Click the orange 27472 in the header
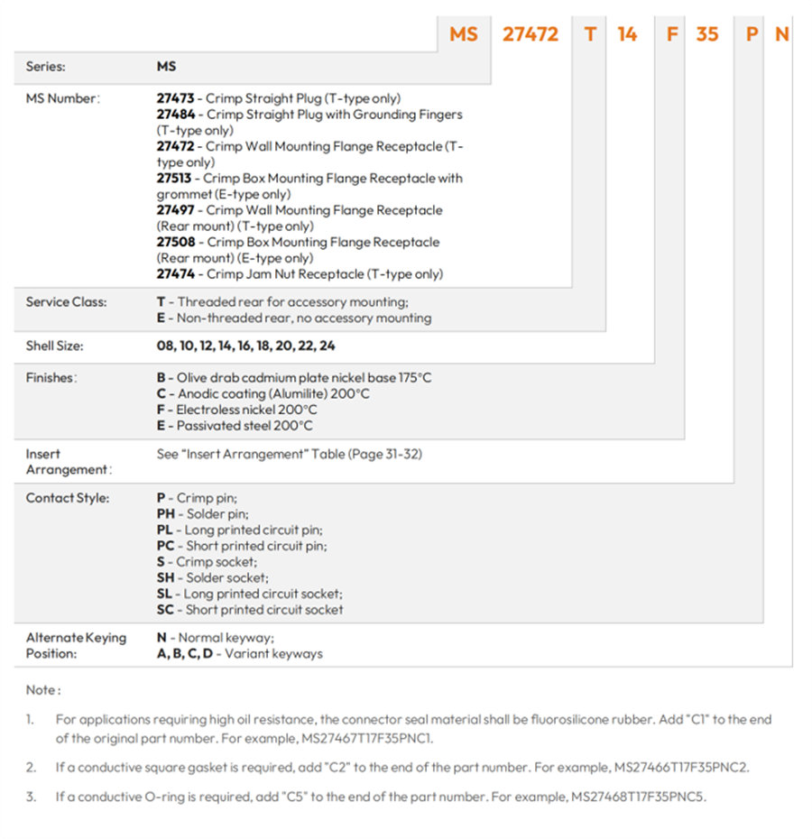pyautogui.click(x=530, y=34)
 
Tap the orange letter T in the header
pyautogui.click(x=590, y=34)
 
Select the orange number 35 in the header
pyautogui.click(x=706, y=34)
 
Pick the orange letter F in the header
pyautogui.click(x=672, y=34)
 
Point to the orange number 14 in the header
pyautogui.click(x=627, y=34)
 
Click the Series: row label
pyautogui.click(x=45, y=67)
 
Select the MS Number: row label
pyautogui.click(x=62, y=98)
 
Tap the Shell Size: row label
pyautogui.click(x=55, y=346)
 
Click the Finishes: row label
pyautogui.click(x=51, y=378)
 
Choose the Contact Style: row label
pyautogui.click(x=68, y=498)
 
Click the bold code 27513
pyautogui.click(x=174, y=179)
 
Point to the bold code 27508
pyautogui.click(x=176, y=242)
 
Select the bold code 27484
pyautogui.click(x=176, y=115)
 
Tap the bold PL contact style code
pyautogui.click(x=164, y=530)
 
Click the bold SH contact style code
pyautogui.click(x=165, y=578)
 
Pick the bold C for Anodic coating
pyautogui.click(x=161, y=394)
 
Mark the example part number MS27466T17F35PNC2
pyautogui.click(x=680, y=768)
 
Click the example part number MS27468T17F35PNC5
pyautogui.click(x=637, y=797)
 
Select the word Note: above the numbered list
pyautogui.click(x=43, y=690)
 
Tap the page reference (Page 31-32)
pyautogui.click(x=385, y=455)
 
